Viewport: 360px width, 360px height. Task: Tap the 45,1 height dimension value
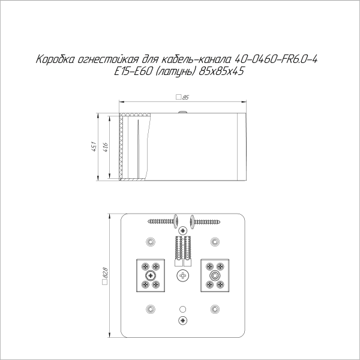(94, 147)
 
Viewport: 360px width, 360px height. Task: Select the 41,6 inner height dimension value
(106, 147)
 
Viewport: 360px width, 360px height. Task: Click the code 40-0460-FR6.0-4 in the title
(275, 59)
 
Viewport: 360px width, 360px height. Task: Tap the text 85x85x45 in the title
(221, 71)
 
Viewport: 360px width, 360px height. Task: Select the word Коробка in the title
(55, 59)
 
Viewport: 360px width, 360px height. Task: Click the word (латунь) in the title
(175, 72)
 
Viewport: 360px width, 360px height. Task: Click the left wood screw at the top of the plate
(163, 221)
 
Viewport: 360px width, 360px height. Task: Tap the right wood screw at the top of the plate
(205, 221)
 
